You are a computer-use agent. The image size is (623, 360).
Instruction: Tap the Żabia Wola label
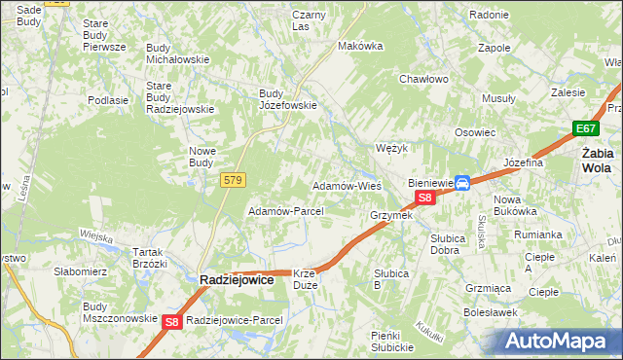click(597, 160)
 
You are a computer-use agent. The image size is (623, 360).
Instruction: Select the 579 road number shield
click(233, 180)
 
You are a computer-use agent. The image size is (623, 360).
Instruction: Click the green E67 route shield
click(585, 128)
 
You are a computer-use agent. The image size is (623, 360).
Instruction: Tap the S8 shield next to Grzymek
click(424, 198)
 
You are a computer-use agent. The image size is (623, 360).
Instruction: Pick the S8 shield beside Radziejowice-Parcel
click(172, 321)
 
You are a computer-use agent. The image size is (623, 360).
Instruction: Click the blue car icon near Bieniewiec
click(463, 182)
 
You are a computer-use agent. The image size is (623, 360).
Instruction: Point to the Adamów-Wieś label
click(345, 185)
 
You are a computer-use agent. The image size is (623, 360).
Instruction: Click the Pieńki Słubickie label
click(392, 342)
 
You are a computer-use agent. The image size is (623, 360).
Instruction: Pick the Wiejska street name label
click(97, 235)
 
